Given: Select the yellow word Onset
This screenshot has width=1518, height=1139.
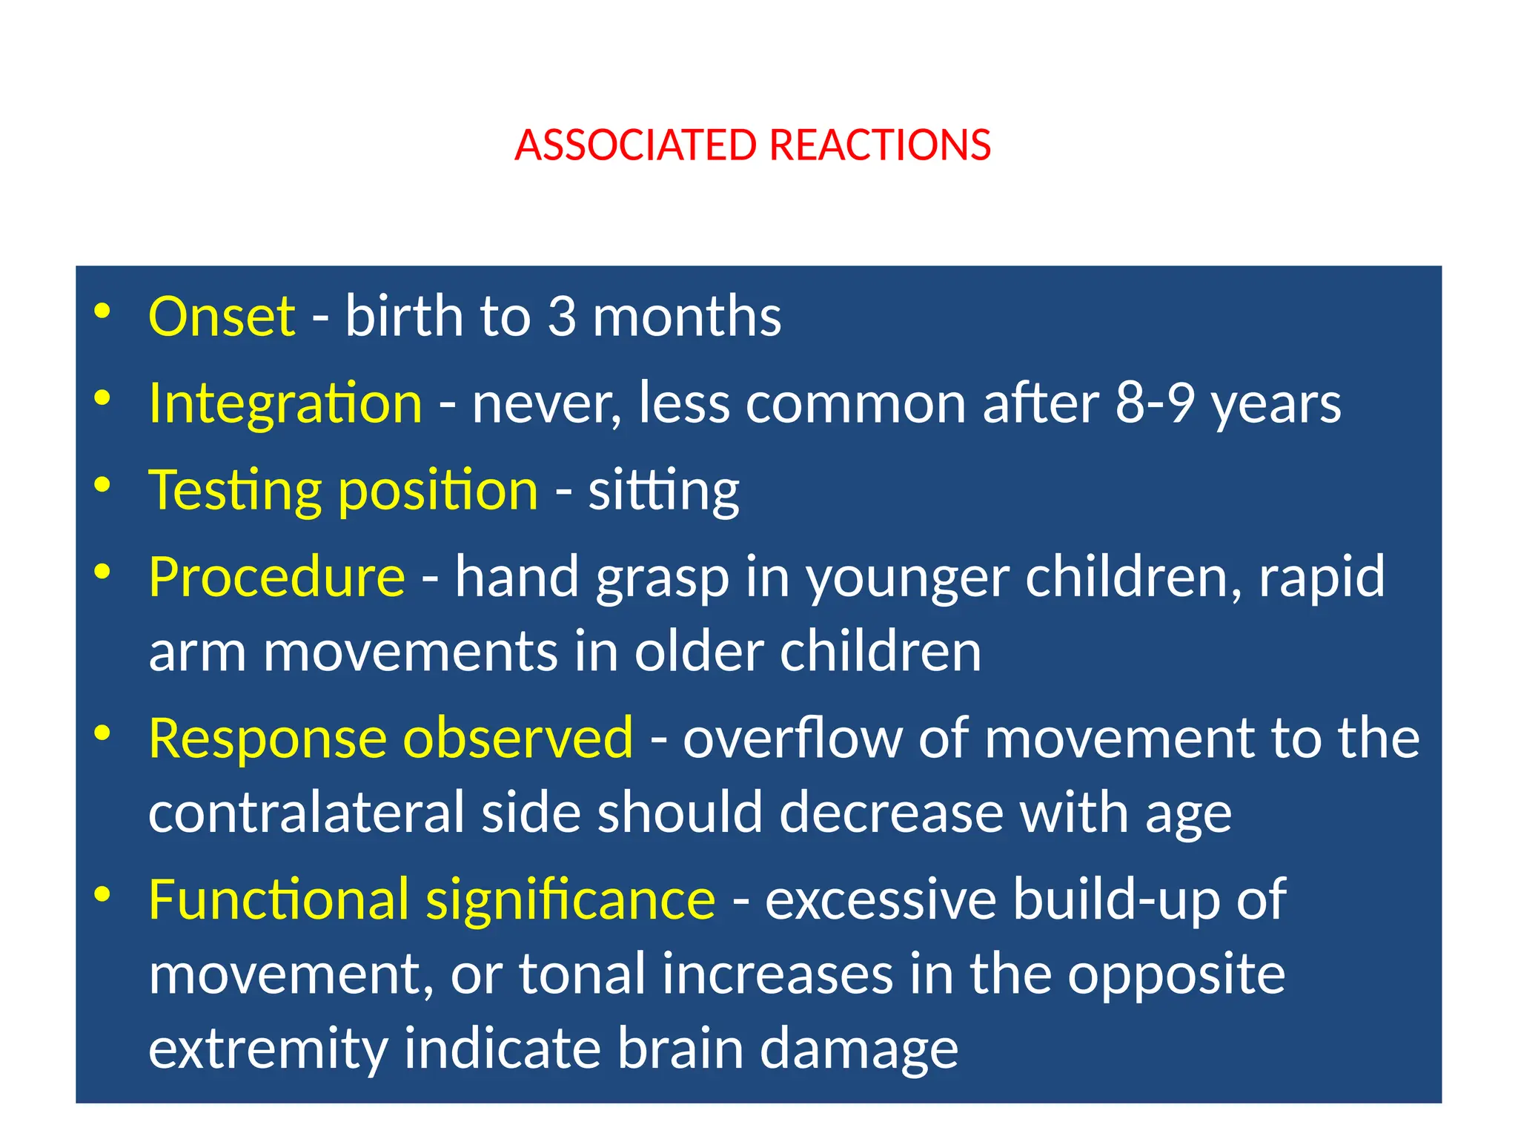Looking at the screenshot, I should point(222,317).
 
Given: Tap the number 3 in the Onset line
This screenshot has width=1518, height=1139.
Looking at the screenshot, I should point(562,317).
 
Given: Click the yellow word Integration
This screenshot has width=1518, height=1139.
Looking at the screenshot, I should point(285,404).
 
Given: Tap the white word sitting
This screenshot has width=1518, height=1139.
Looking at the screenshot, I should point(663,492).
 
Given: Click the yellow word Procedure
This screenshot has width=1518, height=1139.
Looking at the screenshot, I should point(276,577).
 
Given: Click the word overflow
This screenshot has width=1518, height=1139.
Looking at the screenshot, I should point(792,739).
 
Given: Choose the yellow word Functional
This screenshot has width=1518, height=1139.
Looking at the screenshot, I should point(279,900).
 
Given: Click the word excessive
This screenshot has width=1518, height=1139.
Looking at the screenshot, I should point(881,900).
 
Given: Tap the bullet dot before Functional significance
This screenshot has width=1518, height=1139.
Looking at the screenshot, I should point(102,894).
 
